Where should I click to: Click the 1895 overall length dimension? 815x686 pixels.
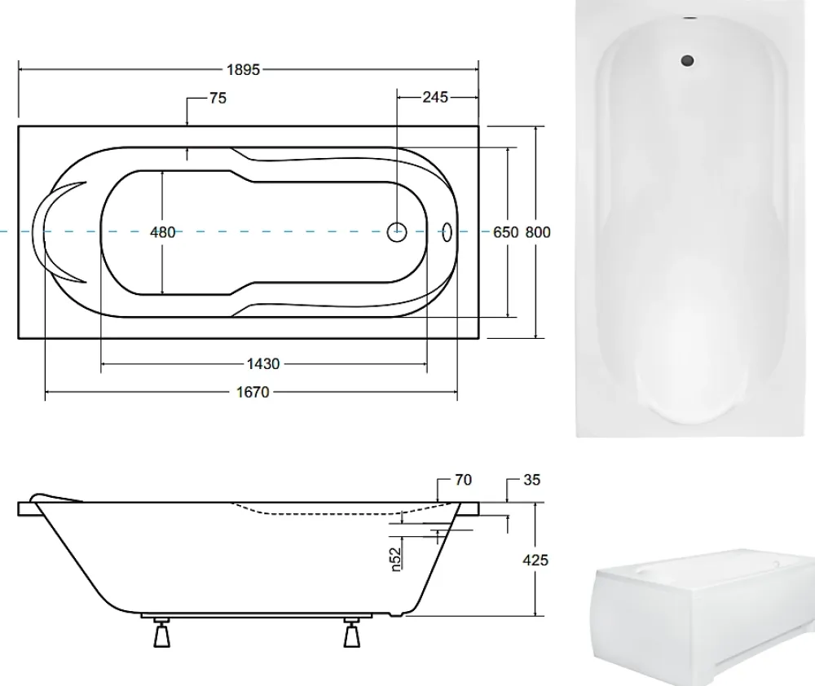click(x=243, y=69)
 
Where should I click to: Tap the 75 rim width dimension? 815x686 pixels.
click(x=218, y=99)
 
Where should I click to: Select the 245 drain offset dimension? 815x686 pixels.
click(x=435, y=97)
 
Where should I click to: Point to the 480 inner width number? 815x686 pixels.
click(x=163, y=232)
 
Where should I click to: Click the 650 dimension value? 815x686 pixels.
click(x=506, y=232)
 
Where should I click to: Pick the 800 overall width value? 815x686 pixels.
click(x=538, y=232)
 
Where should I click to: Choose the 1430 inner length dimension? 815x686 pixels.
click(x=263, y=364)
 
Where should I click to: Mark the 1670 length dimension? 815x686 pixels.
click(x=253, y=392)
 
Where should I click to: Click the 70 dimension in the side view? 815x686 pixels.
click(x=463, y=480)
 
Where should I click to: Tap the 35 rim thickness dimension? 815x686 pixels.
click(x=531, y=480)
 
